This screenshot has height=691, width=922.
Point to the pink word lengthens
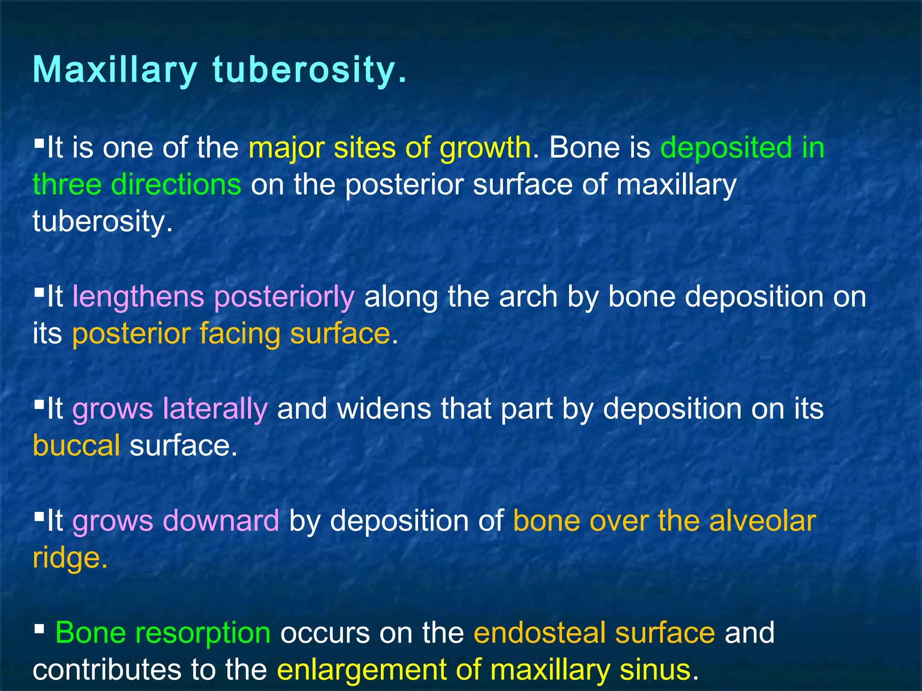pos(138,297)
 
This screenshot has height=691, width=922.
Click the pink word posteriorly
pos(284,298)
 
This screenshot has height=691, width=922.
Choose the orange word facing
pos(239,334)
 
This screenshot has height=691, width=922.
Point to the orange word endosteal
pos(539,632)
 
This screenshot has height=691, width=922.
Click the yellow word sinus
pos(655,669)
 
